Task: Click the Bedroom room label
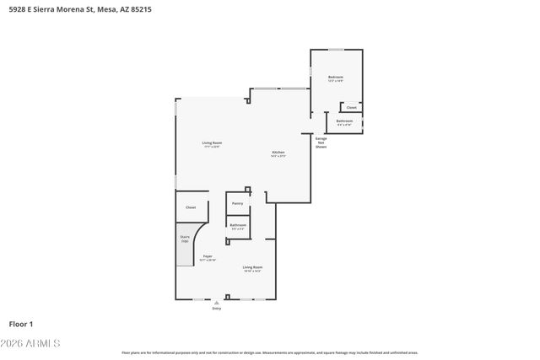click(x=335, y=78)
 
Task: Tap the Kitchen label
click(x=278, y=153)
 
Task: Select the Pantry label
click(x=237, y=203)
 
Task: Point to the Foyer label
click(x=207, y=256)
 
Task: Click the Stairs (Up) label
click(x=185, y=239)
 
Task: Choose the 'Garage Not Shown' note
click(x=321, y=142)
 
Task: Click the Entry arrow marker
click(x=217, y=302)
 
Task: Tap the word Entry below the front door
click(x=217, y=309)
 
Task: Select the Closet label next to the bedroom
click(x=351, y=107)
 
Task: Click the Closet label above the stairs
click(x=191, y=207)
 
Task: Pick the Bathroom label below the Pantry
click(x=238, y=224)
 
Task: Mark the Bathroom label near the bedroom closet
click(x=344, y=121)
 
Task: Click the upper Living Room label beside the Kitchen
click(x=212, y=142)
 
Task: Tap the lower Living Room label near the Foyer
click(x=252, y=267)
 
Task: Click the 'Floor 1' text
click(x=21, y=324)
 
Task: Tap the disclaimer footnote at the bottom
click(x=270, y=352)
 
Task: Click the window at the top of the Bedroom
click(x=336, y=49)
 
